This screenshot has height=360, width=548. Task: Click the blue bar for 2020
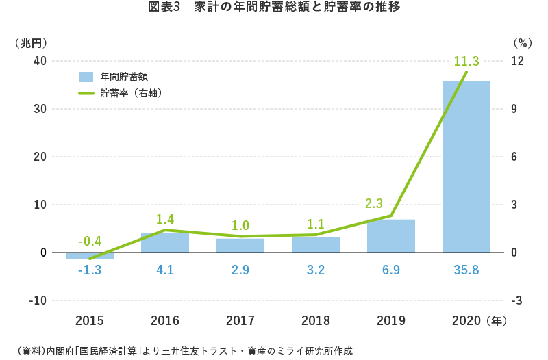(x=466, y=166)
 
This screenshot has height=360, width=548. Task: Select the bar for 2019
(x=390, y=236)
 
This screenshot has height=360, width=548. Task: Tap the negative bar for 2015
(x=90, y=255)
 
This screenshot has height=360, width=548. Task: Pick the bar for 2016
(x=165, y=243)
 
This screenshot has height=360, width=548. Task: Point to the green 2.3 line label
(x=374, y=203)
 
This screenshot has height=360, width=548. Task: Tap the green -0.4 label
(x=90, y=241)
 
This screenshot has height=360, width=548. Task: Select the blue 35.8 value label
(x=466, y=270)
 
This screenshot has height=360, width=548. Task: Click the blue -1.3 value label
(x=90, y=270)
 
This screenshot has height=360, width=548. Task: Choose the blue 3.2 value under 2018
(x=316, y=270)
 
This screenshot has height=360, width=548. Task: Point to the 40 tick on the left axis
(x=40, y=61)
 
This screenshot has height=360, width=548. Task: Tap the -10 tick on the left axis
(x=38, y=300)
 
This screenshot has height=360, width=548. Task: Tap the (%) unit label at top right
(x=522, y=42)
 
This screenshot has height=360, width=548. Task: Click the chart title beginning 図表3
(x=274, y=8)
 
